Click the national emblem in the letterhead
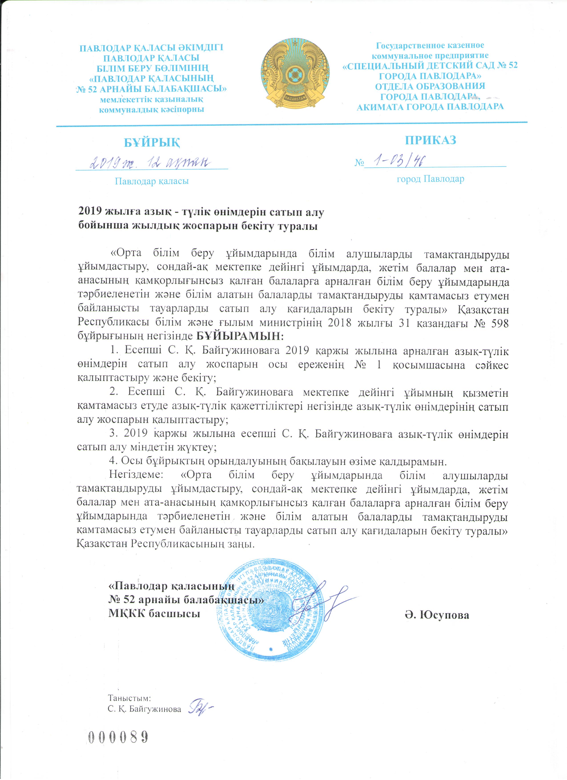pos(295,75)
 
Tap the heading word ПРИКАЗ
pos(430,140)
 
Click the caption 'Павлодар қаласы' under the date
pos(152,181)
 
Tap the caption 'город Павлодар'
pos(430,179)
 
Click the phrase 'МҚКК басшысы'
pos(154,614)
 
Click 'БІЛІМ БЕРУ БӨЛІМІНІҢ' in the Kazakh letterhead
pos(152,68)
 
